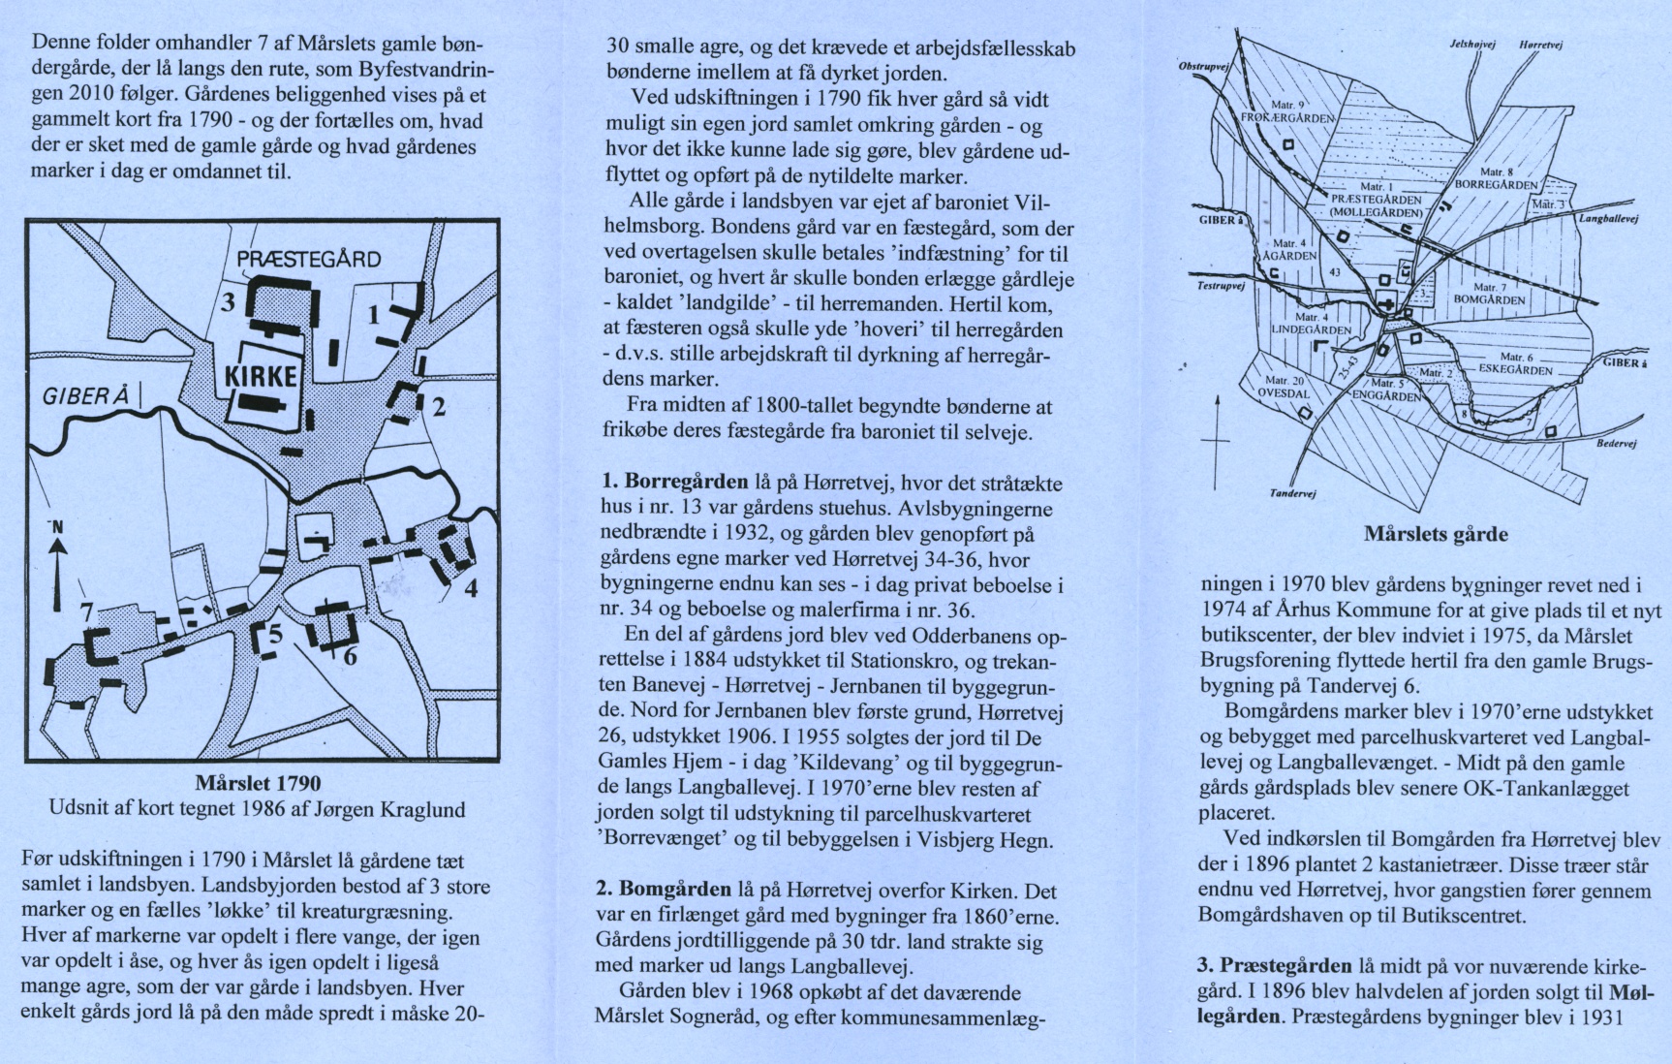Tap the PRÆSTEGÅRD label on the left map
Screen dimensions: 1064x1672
309,260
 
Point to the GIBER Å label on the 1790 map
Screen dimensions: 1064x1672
86,397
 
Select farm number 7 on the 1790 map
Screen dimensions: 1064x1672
86,613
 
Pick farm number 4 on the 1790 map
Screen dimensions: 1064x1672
471,587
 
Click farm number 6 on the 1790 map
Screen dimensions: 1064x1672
350,656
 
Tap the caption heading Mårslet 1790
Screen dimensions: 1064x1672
258,783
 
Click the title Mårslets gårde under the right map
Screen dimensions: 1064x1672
1436,534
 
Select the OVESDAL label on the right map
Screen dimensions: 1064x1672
1284,394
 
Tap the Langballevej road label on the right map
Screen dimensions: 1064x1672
1608,219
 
